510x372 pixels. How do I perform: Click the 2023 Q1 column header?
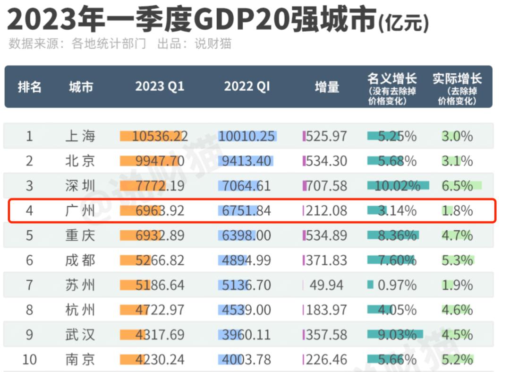point(160,87)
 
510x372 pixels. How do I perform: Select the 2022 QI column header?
point(246,87)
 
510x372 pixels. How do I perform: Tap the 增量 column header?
point(327,87)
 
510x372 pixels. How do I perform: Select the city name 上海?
point(80,136)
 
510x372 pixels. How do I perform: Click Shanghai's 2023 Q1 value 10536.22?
point(160,136)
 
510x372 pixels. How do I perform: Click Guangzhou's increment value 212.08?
point(326,211)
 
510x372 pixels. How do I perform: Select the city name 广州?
point(80,211)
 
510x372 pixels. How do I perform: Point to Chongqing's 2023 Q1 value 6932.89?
point(160,235)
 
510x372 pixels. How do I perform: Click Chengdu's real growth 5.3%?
point(457,260)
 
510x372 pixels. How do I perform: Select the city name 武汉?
point(80,335)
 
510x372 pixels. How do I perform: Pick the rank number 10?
point(29,360)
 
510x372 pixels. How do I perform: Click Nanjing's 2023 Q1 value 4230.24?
point(160,360)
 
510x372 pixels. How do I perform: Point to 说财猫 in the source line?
point(213,44)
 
